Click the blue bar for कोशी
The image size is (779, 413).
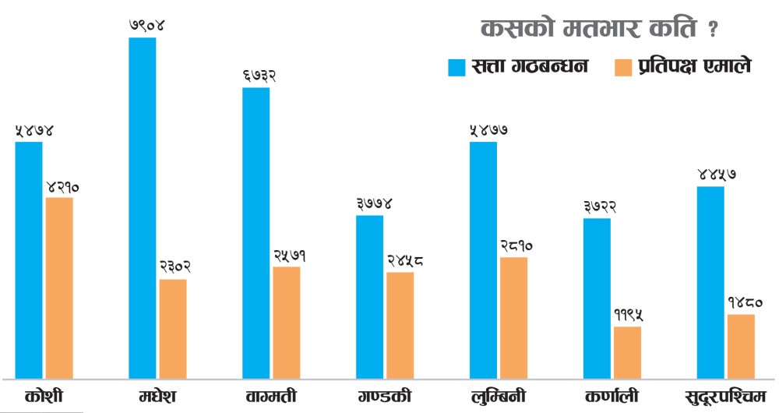click(29, 260)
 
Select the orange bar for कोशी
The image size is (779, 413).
click(59, 288)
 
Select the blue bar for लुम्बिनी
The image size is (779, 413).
click(483, 260)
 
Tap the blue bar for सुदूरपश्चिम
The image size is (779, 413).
click(710, 282)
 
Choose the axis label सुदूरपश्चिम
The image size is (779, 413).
click(724, 396)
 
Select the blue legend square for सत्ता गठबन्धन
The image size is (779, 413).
click(456, 67)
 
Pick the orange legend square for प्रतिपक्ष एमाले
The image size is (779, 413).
click(623, 67)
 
